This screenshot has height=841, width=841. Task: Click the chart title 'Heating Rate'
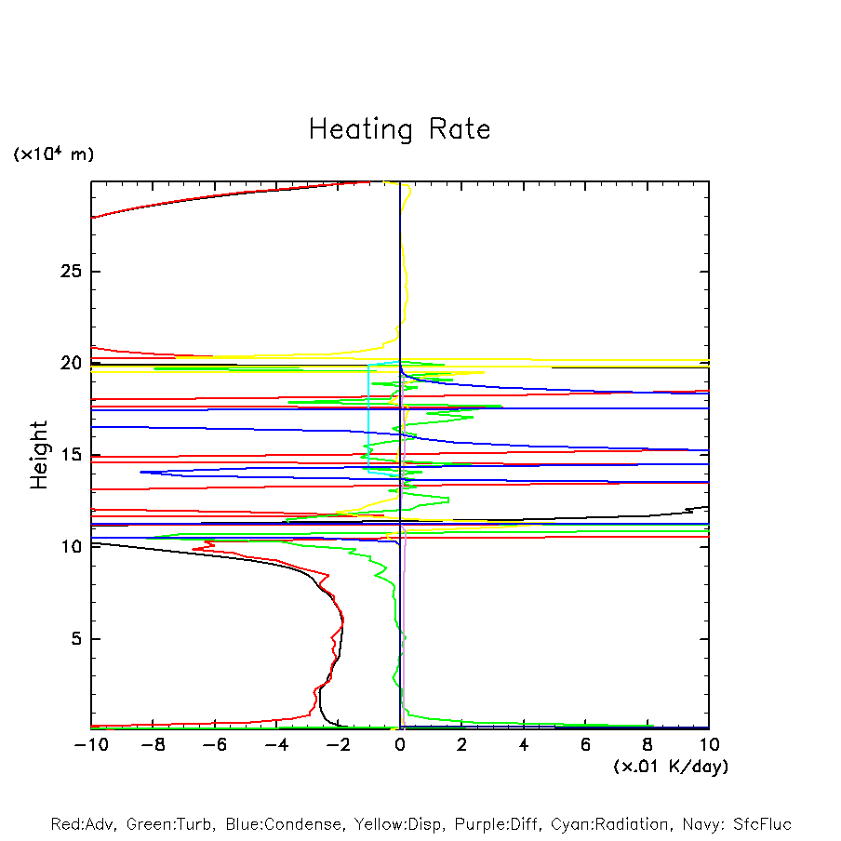pyautogui.click(x=399, y=129)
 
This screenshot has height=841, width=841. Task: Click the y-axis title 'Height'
pyautogui.click(x=39, y=455)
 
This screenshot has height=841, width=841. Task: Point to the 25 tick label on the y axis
pyautogui.click(x=72, y=272)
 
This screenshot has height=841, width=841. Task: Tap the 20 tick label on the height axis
pyautogui.click(x=72, y=363)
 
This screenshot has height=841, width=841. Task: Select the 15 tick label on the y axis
pyautogui.click(x=72, y=455)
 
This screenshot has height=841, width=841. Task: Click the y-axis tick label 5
pyautogui.click(x=77, y=639)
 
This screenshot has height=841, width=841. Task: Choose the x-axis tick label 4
pyautogui.click(x=524, y=745)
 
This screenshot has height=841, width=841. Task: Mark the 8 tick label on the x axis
pyautogui.click(x=647, y=745)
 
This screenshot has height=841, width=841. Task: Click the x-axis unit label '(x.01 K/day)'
pyautogui.click(x=670, y=767)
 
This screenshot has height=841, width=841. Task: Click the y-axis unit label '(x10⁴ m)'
pyautogui.click(x=53, y=154)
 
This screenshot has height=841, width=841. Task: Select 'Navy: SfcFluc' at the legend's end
pyautogui.click(x=735, y=824)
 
